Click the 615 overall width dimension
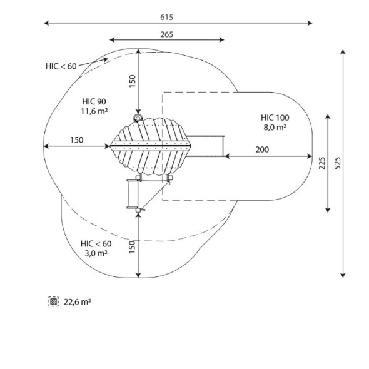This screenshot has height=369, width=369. [166, 17]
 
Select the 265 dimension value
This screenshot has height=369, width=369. [166, 34]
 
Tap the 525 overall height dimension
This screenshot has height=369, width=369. [338, 163]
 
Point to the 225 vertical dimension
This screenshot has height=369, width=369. [322, 163]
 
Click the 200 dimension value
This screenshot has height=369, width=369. [262, 149]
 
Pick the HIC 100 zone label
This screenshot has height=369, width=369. [275, 118]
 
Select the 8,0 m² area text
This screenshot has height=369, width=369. [275, 128]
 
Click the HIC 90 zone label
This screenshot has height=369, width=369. [94, 101]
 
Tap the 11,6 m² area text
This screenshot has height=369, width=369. [94, 111]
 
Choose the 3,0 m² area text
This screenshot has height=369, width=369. [96, 253]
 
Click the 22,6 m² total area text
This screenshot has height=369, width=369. [77, 302]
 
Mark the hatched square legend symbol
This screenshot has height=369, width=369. [53, 301]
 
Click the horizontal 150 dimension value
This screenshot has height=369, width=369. [77, 140]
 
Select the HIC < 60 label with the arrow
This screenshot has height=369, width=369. [61, 66]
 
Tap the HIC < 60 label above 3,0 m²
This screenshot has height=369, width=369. [96, 244]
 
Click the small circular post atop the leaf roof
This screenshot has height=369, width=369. [137, 118]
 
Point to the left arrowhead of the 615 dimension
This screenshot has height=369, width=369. [46, 23]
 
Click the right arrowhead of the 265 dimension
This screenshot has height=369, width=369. [221, 40]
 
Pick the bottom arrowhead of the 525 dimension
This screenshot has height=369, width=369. [343, 275]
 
